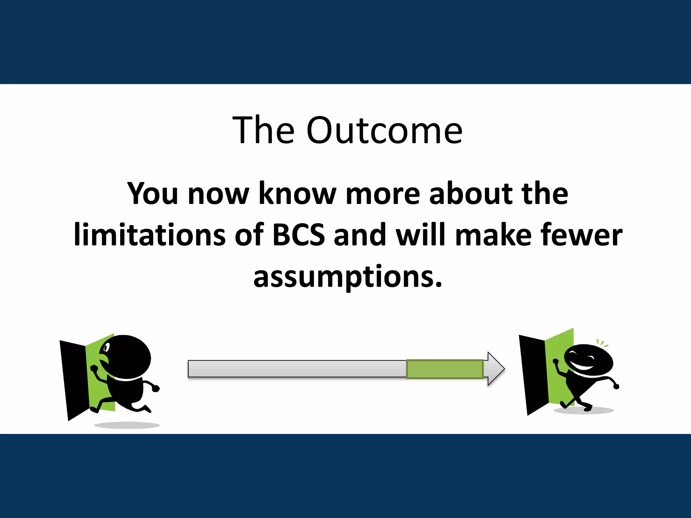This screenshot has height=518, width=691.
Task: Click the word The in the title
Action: tap(264, 131)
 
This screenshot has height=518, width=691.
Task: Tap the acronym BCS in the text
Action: tap(298, 234)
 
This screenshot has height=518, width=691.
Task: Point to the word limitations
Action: tap(149, 234)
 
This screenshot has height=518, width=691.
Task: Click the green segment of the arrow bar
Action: tap(445, 369)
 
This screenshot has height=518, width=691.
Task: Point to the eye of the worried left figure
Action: tap(107, 347)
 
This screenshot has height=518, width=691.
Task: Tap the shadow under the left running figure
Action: tap(127, 425)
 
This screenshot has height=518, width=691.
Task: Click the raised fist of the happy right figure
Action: tap(555, 362)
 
